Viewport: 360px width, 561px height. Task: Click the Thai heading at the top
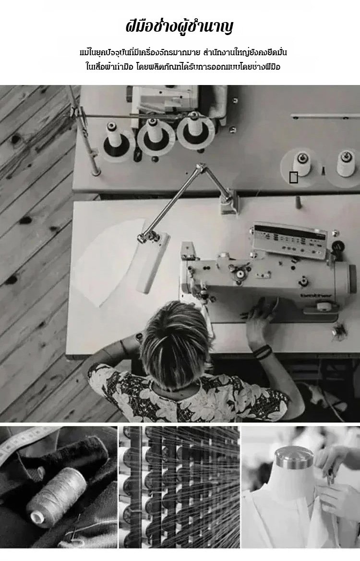click(x=180, y=27)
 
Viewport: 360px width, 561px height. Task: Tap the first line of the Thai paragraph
click(x=183, y=53)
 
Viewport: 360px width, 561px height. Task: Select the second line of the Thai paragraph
click(x=183, y=67)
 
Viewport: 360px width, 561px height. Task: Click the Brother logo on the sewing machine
click(x=316, y=296)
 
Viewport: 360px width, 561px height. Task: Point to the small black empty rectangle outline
click(x=293, y=177)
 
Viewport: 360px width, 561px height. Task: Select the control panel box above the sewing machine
click(x=289, y=239)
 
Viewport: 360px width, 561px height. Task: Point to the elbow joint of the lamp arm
click(x=201, y=168)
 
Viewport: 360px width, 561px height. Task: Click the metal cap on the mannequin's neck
click(x=293, y=458)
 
